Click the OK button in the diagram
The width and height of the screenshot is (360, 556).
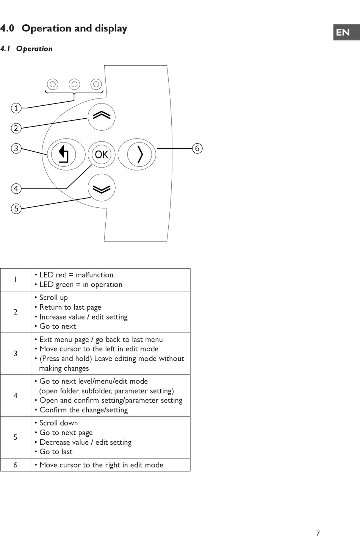point(102,154)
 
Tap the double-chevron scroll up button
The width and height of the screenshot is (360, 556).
point(102,116)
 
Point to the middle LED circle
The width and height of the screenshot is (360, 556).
point(75,84)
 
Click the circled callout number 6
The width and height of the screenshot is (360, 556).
point(197,148)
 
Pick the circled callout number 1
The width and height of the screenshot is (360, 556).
point(16,108)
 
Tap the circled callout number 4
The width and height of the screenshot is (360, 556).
point(16,188)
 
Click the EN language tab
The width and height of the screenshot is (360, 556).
point(343,32)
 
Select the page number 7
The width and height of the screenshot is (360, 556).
point(318,533)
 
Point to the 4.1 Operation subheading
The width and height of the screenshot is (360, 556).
point(27,49)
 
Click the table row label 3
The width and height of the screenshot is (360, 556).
point(16,354)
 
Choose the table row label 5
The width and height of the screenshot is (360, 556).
point(16,437)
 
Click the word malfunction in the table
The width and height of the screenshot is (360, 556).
point(94,275)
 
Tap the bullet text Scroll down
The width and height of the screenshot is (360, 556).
point(58,423)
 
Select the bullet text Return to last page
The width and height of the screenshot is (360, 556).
point(70,307)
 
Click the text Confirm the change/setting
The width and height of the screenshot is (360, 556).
point(83,410)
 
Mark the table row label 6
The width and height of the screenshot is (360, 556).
point(16,465)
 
